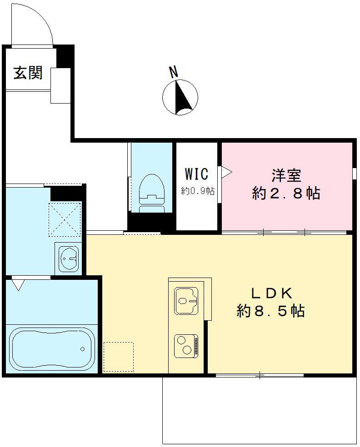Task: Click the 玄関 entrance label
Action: tap(28, 73)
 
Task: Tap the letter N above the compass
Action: tap(173, 71)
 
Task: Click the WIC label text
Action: tap(196, 174)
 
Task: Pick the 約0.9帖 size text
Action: tap(198, 191)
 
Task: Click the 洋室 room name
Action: tap(287, 175)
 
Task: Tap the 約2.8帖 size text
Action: tap(286, 194)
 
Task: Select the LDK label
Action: tap(271, 293)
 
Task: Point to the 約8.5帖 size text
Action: tap(270, 311)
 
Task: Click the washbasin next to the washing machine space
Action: tap(69, 259)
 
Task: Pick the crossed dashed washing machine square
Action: tap(65, 219)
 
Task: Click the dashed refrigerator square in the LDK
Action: tap(118, 357)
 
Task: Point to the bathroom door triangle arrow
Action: tap(18, 285)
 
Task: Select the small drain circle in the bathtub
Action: tap(82, 349)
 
